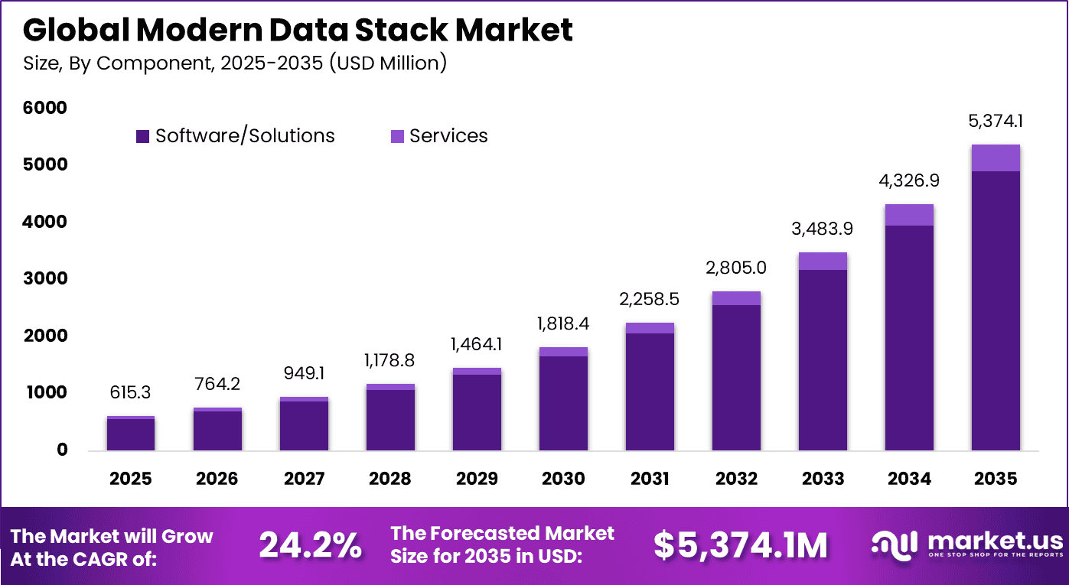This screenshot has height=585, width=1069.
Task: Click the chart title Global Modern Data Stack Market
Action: pyautogui.click(x=298, y=31)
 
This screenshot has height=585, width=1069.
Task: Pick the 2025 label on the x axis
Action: pyautogui.click(x=131, y=479)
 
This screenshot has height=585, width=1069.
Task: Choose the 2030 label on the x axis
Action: pyautogui.click(x=563, y=479)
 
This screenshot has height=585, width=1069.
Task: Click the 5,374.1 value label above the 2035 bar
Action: pyautogui.click(x=996, y=122)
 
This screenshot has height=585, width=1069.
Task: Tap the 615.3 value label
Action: pyautogui.click(x=131, y=393)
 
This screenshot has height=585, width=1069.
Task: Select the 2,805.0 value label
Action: pyautogui.click(x=736, y=268)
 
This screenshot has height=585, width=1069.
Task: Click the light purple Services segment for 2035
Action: pyautogui.click(x=996, y=158)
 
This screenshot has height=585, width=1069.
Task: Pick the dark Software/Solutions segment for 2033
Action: pyautogui.click(x=823, y=359)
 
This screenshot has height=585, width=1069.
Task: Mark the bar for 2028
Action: pyautogui.click(x=390, y=419)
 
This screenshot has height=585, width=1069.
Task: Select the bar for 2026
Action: pyautogui.click(x=217, y=430)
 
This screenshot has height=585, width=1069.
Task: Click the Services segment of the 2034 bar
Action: pyautogui.click(x=909, y=215)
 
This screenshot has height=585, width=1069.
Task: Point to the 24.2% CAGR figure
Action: pyautogui.click(x=310, y=545)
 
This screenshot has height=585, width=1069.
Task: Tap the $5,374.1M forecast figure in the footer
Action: pyautogui.click(x=740, y=545)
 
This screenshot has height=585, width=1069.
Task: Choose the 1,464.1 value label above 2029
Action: pyautogui.click(x=477, y=345)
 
